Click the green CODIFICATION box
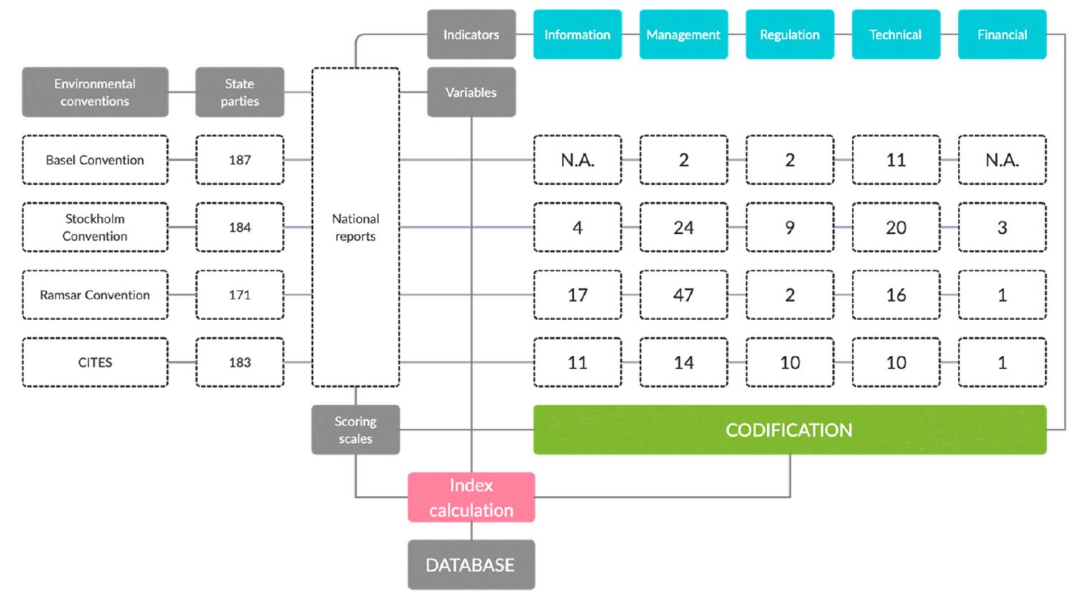[x=789, y=430]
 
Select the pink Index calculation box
[x=471, y=497]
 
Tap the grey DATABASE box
[x=471, y=565]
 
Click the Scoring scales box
[x=355, y=430]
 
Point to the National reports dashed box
[x=355, y=227]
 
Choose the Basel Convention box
[x=95, y=160]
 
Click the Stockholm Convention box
[x=95, y=227]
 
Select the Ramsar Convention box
[x=95, y=295]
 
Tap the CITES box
[x=95, y=362]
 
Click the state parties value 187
[x=240, y=160]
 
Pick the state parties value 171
[x=240, y=295]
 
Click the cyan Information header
[x=577, y=34]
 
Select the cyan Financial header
[x=1002, y=34]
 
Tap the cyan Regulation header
[x=789, y=34]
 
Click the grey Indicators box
[x=471, y=34]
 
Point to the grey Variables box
[x=471, y=93]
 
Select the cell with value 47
[x=683, y=295]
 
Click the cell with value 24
[x=683, y=227]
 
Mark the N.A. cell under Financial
[x=1002, y=160]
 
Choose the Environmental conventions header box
[x=95, y=93]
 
